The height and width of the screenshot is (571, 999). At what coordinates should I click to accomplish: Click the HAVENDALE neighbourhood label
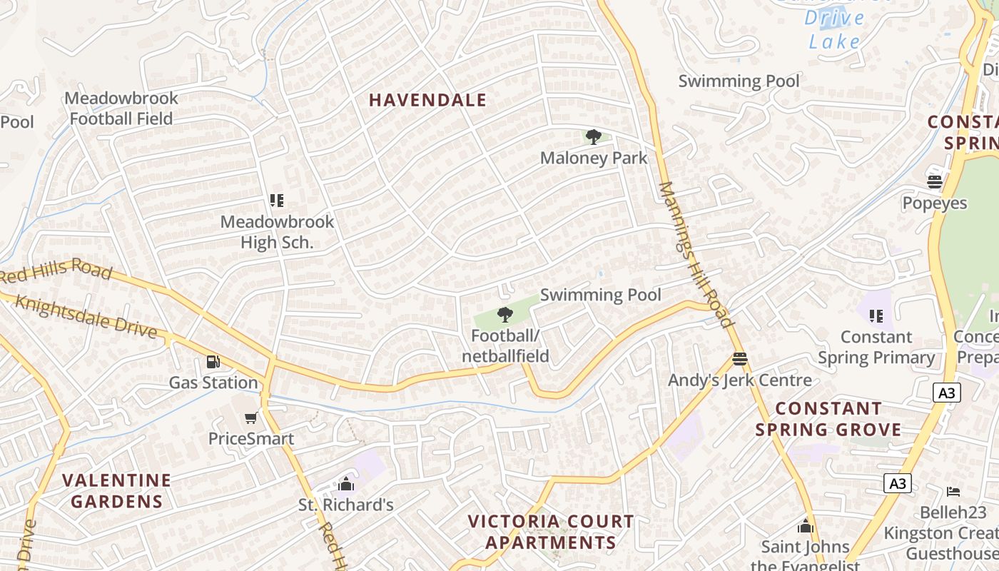point(427,101)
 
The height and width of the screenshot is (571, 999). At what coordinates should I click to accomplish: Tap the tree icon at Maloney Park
point(593,137)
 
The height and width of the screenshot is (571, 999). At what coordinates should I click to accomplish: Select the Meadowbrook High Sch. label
point(277,232)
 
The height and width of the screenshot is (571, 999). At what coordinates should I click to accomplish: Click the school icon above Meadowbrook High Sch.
point(277,201)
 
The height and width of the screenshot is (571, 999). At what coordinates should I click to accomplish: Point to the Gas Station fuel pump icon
point(213,362)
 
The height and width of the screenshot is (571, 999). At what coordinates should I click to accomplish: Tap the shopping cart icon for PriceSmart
point(250,418)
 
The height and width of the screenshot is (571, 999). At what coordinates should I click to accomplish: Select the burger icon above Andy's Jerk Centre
point(739,359)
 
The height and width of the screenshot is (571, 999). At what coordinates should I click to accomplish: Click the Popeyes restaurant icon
point(935,182)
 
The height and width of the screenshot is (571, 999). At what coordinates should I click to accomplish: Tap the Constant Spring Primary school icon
point(876,315)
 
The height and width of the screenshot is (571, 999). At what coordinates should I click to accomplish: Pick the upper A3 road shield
point(946,392)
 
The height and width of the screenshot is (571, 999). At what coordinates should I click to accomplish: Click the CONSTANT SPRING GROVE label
point(828,419)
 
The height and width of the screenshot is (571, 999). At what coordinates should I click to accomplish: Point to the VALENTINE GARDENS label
point(116,490)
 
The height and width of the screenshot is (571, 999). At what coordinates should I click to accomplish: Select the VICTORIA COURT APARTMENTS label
point(550,532)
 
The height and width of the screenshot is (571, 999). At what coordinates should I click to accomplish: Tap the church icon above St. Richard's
point(346,484)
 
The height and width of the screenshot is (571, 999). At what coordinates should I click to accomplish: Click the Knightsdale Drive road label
point(86,316)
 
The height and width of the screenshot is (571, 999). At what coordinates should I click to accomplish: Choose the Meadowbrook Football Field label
point(121,108)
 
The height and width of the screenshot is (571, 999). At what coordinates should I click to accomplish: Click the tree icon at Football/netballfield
point(505,314)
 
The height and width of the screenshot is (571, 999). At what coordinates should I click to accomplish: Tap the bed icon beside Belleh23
point(953,491)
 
